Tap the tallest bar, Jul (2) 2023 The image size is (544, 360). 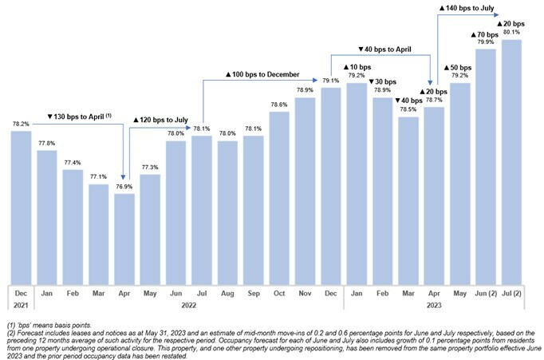(511, 160)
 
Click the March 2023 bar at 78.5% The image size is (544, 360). (408, 199)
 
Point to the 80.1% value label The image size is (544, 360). (511, 33)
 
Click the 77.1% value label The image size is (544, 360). (98, 177)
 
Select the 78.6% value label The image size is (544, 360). (279, 105)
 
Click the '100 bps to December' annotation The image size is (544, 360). (262, 75)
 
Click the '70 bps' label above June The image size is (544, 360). (486, 36)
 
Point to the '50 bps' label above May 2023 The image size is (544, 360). (459, 67)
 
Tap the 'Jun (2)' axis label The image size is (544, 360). (486, 293)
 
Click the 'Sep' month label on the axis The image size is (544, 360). (253, 293)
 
